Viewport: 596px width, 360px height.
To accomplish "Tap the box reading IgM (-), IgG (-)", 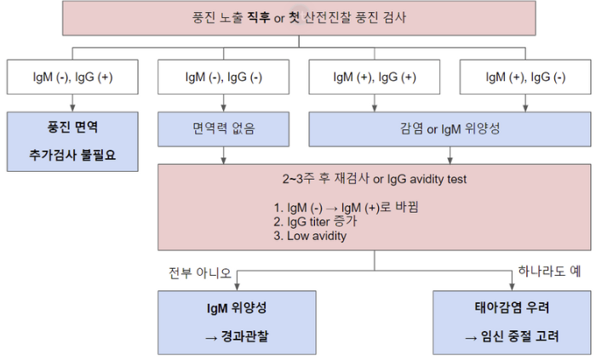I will click(x=223, y=77).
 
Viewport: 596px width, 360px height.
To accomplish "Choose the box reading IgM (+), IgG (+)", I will click(x=375, y=77).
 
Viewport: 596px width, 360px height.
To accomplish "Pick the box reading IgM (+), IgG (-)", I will click(x=525, y=77).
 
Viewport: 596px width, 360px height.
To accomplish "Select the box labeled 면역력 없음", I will click(x=223, y=130).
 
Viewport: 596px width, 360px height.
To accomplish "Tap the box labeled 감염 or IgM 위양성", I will click(x=450, y=130).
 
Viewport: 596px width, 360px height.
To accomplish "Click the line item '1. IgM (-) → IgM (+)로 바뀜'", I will click(x=341, y=206).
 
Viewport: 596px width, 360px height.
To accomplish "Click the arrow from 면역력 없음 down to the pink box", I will click(x=223, y=155).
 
